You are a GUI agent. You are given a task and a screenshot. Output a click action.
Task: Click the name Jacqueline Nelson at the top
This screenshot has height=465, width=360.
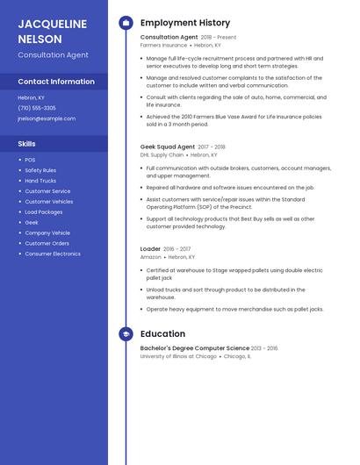tap(53, 32)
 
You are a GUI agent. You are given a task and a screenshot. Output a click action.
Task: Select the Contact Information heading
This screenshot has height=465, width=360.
tap(56, 82)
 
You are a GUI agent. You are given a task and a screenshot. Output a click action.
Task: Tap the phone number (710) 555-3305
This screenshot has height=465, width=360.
tap(37, 108)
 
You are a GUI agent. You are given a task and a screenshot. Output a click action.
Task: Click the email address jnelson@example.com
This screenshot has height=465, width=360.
tap(47, 118)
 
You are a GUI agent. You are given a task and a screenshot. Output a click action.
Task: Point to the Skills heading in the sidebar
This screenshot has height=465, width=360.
tap(26, 143)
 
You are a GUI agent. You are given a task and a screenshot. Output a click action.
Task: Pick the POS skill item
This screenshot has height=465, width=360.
tap(30, 160)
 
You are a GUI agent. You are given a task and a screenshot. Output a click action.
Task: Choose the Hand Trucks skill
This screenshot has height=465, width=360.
tap(40, 181)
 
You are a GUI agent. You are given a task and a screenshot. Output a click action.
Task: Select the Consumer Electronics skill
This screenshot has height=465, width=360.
tap(53, 254)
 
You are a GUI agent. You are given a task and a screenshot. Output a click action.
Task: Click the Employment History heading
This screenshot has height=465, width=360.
tap(185, 23)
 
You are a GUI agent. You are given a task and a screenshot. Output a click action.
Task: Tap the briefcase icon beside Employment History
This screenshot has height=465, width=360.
tap(126, 23)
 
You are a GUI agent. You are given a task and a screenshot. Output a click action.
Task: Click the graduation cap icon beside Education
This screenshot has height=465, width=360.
tap(126, 333)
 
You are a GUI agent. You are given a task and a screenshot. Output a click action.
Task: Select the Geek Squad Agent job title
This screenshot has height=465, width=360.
tap(168, 147)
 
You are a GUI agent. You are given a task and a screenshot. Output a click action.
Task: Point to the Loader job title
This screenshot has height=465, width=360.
tap(150, 249)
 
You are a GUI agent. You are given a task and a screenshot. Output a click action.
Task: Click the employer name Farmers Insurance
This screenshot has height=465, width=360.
tap(163, 45)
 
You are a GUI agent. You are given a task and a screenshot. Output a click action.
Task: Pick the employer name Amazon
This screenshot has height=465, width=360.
tap(151, 257)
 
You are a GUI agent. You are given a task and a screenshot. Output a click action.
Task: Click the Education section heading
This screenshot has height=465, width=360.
tap(162, 333)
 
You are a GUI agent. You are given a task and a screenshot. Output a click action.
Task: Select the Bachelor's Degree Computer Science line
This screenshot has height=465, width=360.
tap(195, 348)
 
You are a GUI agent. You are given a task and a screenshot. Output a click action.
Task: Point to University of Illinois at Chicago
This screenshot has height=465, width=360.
tap(178, 356)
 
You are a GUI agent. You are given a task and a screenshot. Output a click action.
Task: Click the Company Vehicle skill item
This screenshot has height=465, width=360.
tap(47, 232)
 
